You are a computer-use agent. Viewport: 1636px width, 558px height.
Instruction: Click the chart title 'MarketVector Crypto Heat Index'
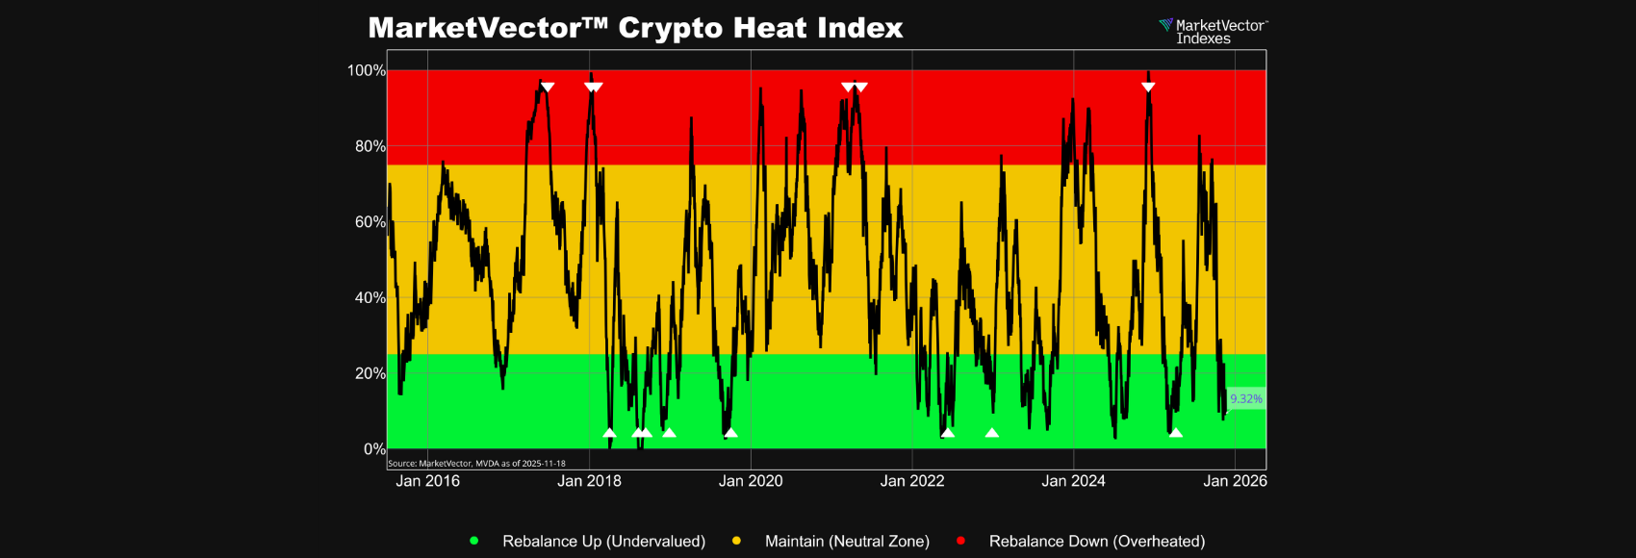point(635,28)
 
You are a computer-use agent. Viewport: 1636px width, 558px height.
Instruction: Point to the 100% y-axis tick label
point(366,70)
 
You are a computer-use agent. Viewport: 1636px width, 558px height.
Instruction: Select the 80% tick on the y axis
point(370,146)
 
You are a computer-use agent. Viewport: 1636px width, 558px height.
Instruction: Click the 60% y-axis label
point(370,222)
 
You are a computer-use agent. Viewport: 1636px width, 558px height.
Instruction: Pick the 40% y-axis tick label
point(370,298)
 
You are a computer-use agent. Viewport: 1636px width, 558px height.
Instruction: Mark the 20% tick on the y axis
point(370,373)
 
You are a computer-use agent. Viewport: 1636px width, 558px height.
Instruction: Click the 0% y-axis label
point(374,449)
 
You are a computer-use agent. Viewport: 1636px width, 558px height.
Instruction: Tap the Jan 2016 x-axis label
point(427,481)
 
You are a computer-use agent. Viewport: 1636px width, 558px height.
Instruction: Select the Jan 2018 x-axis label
point(589,481)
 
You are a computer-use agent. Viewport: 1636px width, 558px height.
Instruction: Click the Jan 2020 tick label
point(751,481)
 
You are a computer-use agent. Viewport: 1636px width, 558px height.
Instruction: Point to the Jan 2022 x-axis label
point(912,481)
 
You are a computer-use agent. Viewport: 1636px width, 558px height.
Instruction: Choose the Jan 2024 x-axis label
point(1073,481)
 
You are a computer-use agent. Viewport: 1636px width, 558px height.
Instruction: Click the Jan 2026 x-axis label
point(1235,481)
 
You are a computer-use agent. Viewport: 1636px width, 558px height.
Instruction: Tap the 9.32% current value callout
point(1246,398)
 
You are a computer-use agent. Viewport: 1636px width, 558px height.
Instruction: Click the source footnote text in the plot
point(476,464)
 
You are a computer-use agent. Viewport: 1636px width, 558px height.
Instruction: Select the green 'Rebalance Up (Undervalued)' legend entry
point(603,542)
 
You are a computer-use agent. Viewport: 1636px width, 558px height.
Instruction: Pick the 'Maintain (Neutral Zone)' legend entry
point(847,542)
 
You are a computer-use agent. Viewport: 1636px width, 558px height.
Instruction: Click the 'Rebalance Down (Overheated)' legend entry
point(1096,542)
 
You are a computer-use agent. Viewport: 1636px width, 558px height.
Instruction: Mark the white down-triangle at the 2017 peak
point(548,87)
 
